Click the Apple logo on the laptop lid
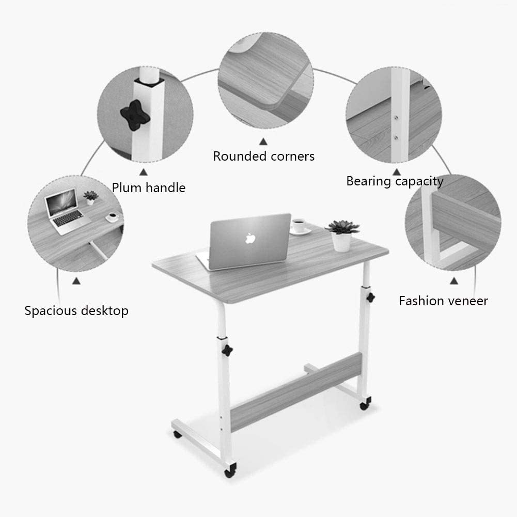tap(250, 238)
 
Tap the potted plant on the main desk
tap(341, 234)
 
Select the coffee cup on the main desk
tap(299, 225)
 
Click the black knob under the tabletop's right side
tap(371, 298)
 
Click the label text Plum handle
tap(149, 187)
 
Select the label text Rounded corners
tap(264, 156)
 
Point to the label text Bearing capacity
tap(395, 181)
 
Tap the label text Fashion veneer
tap(443, 301)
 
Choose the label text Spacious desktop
tap(76, 311)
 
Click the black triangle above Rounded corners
tap(263, 140)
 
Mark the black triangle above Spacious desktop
tap(76, 281)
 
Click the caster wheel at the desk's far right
tap(369, 400)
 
